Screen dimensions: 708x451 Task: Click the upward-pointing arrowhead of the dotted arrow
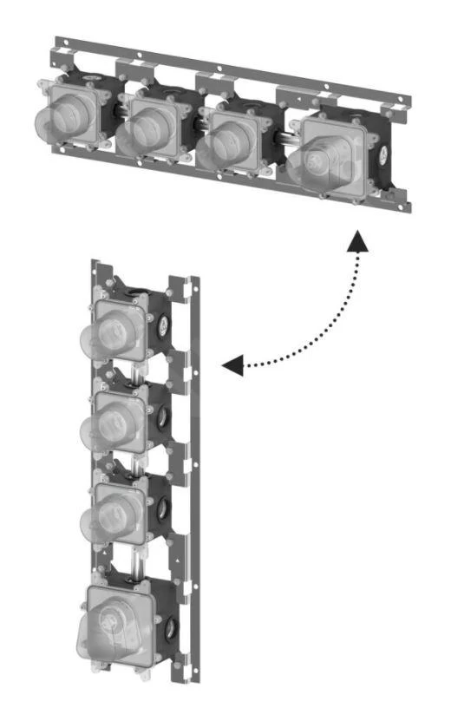(356, 244)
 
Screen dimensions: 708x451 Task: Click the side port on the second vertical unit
(164, 417)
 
